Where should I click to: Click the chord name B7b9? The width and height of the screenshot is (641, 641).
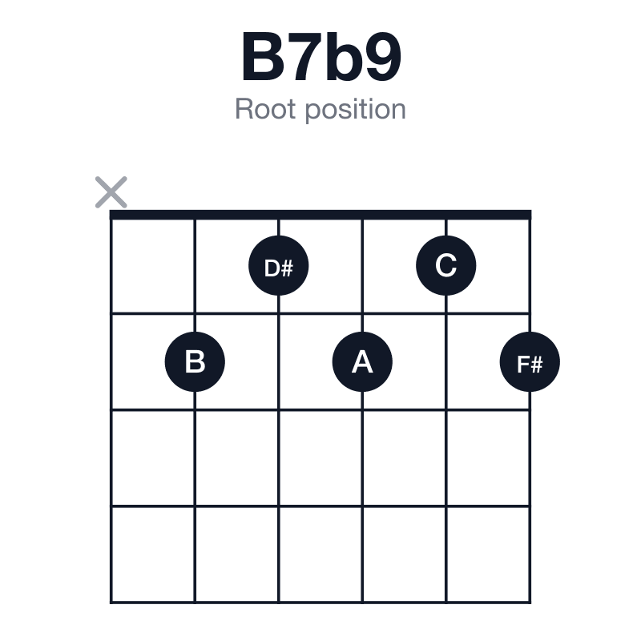tap(321, 56)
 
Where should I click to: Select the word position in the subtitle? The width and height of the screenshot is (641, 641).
tap(356, 110)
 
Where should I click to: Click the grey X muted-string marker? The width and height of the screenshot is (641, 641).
tap(111, 192)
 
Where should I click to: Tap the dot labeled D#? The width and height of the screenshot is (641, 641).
tap(278, 266)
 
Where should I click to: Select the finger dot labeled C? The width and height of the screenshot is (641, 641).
tap(446, 266)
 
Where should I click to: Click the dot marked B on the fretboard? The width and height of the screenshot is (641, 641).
tap(195, 362)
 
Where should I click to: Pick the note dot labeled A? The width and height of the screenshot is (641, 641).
tap(362, 362)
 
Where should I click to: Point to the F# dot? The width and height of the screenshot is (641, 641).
tap(530, 362)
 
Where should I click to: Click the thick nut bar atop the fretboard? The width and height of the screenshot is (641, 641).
tap(320, 215)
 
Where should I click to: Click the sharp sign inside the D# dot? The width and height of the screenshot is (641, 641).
tap(288, 268)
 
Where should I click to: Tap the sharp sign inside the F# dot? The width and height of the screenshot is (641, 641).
tap(536, 365)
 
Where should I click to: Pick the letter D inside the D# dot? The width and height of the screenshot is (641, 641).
tap(272, 268)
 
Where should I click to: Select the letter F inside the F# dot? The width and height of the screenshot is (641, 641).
tap(523, 365)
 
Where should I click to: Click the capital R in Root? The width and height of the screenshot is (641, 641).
tap(244, 109)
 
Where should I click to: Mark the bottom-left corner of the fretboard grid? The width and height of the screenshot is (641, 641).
tap(111, 603)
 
